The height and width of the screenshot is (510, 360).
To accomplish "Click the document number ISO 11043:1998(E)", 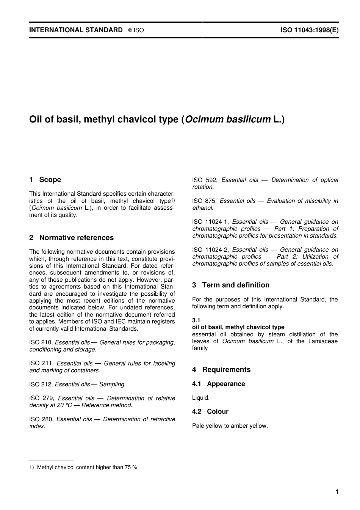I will point(309,30).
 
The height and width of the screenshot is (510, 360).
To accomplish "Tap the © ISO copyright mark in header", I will point(136,30).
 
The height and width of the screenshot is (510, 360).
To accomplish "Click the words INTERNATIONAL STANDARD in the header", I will point(76,30).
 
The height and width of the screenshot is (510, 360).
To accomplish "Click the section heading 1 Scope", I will point(45,180).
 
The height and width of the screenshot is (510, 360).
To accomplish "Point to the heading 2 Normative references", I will point(71,238).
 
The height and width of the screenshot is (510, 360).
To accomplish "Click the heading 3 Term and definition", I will point(231,285).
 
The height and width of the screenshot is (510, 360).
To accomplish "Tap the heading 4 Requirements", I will point(221,370).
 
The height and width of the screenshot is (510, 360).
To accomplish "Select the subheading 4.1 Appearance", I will point(218,384).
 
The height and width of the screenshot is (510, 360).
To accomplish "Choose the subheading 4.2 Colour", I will point(210,411).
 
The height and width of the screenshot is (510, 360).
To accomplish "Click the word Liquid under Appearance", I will point(200,398).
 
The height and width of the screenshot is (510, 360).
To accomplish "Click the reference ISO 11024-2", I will point(210,250).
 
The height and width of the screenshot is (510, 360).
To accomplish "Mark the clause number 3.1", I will point(196,320).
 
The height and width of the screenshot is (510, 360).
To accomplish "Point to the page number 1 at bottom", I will point(337,492).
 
